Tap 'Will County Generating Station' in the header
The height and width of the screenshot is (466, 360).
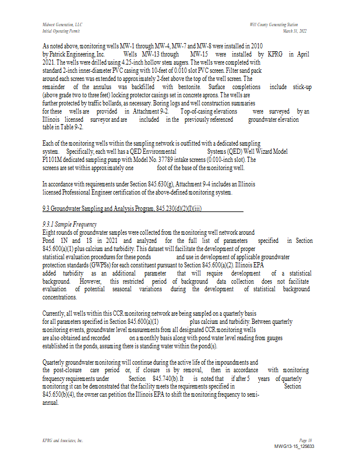click(x=273, y=24)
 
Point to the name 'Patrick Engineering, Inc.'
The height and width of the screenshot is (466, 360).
click(x=73, y=54)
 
